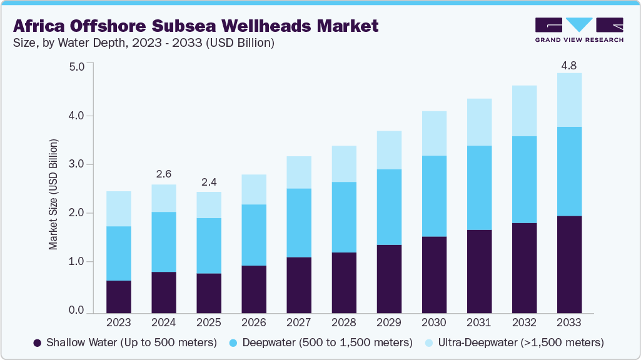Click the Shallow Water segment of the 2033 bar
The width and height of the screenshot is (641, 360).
[x=569, y=264]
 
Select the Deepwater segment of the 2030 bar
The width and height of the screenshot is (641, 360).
[x=434, y=196]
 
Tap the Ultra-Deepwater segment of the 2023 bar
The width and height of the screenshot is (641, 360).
[x=119, y=209]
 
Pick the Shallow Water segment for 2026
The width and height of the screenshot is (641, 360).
[x=254, y=289]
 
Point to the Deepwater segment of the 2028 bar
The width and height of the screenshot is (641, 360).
[x=344, y=217]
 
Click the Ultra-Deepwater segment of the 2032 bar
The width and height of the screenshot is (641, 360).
[x=524, y=111]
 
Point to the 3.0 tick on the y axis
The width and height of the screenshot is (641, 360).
[x=76, y=164]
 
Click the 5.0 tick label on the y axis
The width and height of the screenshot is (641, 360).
[x=76, y=67]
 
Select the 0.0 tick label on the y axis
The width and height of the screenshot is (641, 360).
[x=76, y=311]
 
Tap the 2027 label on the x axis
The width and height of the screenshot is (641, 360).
[x=299, y=322]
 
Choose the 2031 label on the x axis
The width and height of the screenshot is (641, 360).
[x=479, y=322]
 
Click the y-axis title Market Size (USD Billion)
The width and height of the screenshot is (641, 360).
[x=54, y=194]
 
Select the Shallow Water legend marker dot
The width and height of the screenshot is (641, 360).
[x=38, y=342]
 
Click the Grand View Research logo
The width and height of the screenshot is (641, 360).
[x=579, y=29]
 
